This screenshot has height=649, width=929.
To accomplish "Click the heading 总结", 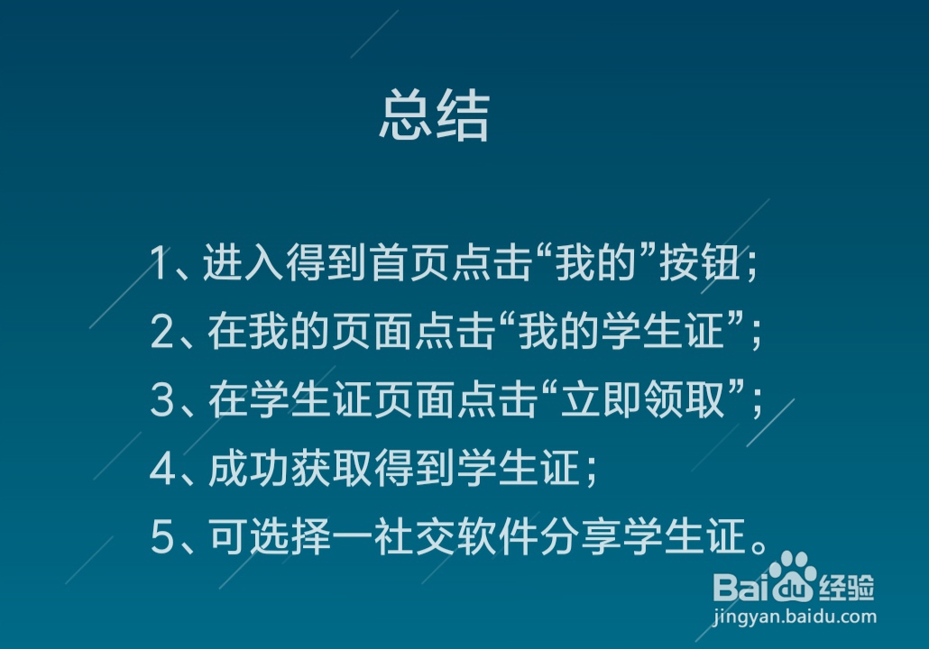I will tap(434, 115).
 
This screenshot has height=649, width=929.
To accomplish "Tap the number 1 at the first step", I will tap(160, 264).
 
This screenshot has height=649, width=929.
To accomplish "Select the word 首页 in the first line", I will tap(414, 264).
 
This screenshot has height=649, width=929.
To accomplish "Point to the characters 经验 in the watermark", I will tap(847, 588).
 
